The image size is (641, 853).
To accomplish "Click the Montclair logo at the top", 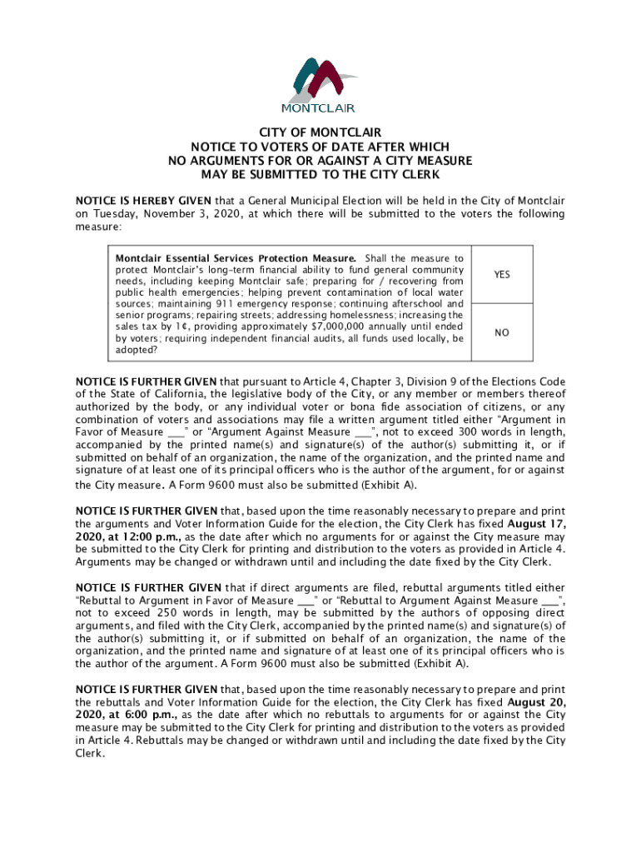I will point(320,84).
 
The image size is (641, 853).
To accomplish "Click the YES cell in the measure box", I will point(501,274).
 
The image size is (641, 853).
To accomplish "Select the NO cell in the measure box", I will point(501,332).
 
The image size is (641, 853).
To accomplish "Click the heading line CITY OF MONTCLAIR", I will point(320,132).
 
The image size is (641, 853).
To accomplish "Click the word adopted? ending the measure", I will point(137,351).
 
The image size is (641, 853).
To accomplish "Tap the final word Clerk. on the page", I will point(91,752).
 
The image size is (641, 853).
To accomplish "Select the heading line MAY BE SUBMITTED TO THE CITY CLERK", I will point(320,174).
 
